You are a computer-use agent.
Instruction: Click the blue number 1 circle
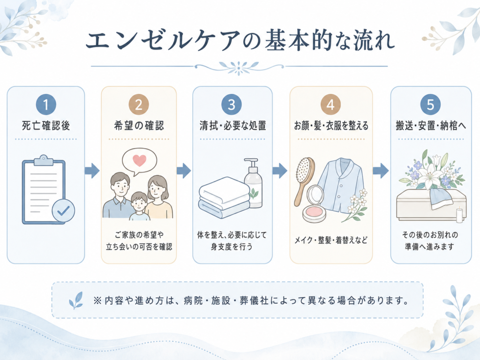46,105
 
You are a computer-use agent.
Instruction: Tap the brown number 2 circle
139,105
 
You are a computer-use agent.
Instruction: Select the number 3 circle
232,105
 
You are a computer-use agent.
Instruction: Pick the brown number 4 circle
330,105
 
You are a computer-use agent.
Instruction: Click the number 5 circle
430,105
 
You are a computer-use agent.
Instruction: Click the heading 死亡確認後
46,126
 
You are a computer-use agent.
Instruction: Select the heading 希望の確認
139,126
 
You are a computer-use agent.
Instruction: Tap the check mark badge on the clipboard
63,210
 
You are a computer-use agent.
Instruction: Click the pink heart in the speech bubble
139,160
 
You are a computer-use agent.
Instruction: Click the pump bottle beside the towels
253,183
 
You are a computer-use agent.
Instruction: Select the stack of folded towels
225,197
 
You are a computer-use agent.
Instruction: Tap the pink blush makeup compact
315,204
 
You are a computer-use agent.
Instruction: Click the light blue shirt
341,185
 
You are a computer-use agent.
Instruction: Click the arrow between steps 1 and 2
92,171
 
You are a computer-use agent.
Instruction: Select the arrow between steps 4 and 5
381,171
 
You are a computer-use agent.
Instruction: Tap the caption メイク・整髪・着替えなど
331,240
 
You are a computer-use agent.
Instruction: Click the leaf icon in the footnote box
75,300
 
